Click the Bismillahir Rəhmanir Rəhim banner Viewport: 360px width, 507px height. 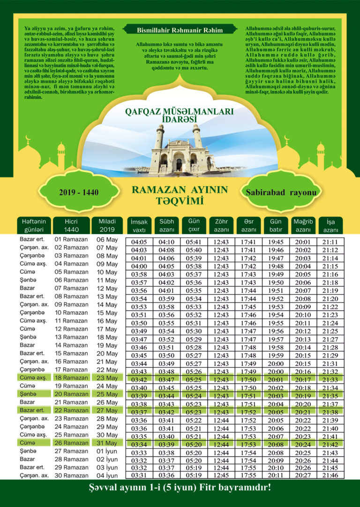(180, 30)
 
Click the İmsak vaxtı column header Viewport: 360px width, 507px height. (139, 225)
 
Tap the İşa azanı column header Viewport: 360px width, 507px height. (330, 225)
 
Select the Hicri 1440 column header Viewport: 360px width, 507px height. (71, 225)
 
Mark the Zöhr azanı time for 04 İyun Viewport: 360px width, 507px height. (221, 475)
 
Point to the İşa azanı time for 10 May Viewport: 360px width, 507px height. (330, 274)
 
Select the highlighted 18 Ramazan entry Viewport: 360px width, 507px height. (71, 378)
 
